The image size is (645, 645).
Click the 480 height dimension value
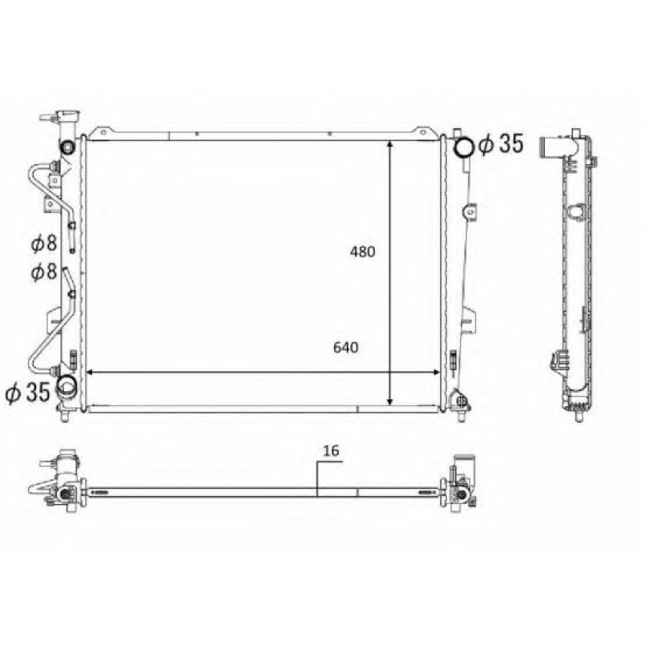(x=362, y=252)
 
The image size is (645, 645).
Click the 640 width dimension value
(x=345, y=348)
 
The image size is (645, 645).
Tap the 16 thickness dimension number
(x=331, y=451)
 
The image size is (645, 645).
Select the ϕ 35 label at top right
(x=501, y=143)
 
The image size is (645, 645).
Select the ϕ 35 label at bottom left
(x=27, y=391)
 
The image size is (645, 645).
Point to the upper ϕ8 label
(x=44, y=243)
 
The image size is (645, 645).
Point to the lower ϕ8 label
(x=44, y=272)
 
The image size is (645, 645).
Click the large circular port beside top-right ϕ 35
(x=465, y=147)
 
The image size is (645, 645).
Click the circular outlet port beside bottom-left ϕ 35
(x=66, y=385)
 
